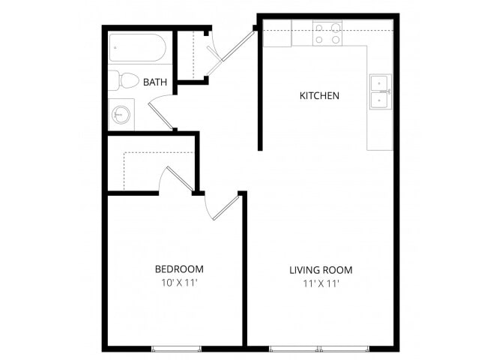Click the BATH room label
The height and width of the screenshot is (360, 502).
pyautogui.click(x=155, y=82)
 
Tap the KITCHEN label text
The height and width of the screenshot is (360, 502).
pyautogui.click(x=319, y=95)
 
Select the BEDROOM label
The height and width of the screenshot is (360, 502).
pyautogui.click(x=179, y=269)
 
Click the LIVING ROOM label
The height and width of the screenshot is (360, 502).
pyautogui.click(x=321, y=270)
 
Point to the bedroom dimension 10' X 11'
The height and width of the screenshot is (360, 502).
pyautogui.click(x=179, y=283)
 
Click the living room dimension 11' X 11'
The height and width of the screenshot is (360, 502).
pyautogui.click(x=321, y=283)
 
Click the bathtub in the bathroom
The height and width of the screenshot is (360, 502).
pyautogui.click(x=137, y=48)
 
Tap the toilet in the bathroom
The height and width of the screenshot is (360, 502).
pyautogui.click(x=124, y=81)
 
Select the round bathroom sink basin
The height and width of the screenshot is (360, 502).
pyautogui.click(x=121, y=115)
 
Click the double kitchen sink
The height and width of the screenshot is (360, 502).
pyautogui.click(x=381, y=92)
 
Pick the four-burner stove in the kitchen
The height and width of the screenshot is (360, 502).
pyautogui.click(x=327, y=33)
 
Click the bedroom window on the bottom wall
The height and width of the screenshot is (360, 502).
pyautogui.click(x=176, y=349)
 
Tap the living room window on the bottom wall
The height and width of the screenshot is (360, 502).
pyautogui.click(x=319, y=349)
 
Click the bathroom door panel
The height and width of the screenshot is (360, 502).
pyautogui.click(x=161, y=116)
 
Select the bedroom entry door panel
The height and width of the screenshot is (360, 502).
pyautogui.click(x=226, y=208)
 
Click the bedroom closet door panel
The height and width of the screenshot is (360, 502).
pyautogui.click(x=180, y=179)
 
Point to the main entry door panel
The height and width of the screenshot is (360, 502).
pyautogui.click(x=238, y=46)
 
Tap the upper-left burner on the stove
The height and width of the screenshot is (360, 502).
pyautogui.click(x=319, y=28)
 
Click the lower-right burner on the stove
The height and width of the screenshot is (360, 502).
pyautogui.click(x=336, y=40)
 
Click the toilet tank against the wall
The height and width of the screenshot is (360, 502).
pyautogui.click(x=113, y=81)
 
